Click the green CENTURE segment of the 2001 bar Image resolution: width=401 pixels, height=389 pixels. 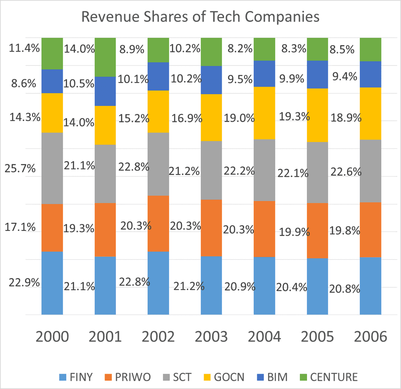(105, 57)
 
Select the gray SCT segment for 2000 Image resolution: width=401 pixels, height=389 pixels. (52, 168)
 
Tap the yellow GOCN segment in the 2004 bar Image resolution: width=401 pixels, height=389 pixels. (264, 113)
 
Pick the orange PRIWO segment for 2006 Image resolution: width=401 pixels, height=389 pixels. (370, 230)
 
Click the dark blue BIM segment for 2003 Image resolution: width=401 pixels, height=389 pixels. (211, 80)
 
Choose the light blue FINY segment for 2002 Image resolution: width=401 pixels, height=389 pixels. (158, 283)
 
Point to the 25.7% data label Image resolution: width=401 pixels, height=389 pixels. (20, 169)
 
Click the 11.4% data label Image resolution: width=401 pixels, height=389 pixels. (23, 49)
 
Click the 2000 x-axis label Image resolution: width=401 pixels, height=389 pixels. (52, 337)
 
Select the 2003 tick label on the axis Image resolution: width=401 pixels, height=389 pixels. (211, 337)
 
